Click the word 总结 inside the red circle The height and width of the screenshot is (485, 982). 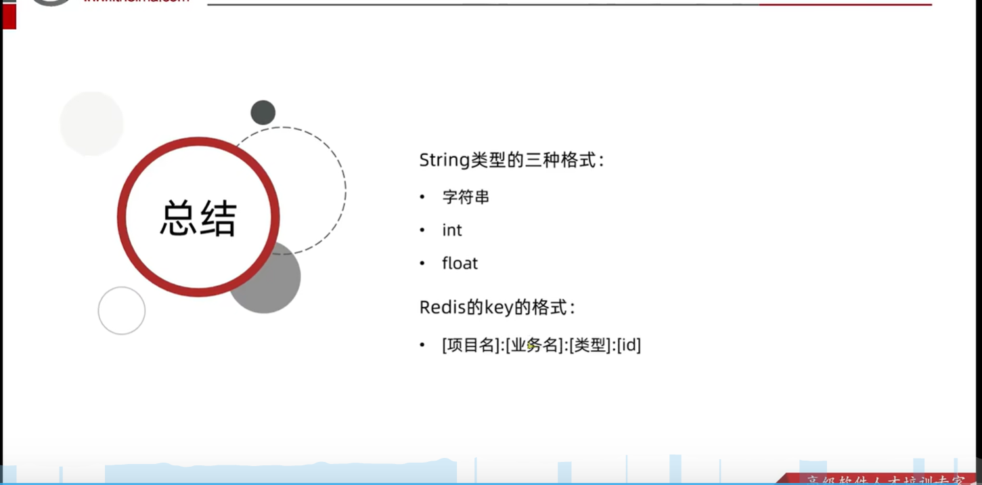point(198,217)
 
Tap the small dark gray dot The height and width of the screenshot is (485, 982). point(263,112)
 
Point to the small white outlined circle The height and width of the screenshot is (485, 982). point(122,310)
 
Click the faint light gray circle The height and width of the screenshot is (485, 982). point(91,123)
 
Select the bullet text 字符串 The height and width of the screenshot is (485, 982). point(466,197)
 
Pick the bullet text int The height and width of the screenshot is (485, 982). point(452,230)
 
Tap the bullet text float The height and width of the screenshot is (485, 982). point(460,263)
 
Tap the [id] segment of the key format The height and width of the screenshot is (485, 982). point(629,345)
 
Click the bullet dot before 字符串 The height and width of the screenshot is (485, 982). point(422,197)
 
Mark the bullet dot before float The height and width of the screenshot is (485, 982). point(422,263)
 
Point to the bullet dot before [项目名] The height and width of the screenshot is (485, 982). point(422,345)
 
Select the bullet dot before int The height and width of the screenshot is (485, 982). point(422,230)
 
